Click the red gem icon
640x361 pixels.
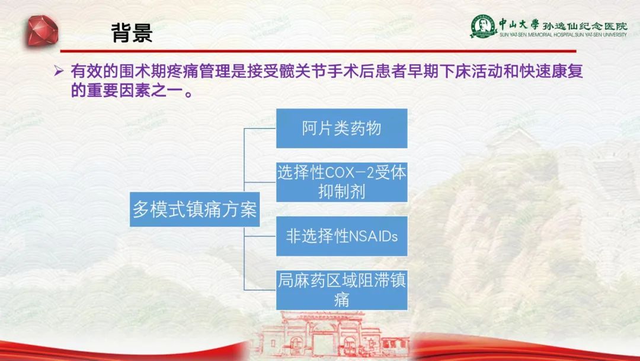point(43,31)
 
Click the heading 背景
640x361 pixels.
point(132,33)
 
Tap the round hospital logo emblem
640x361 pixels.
point(483,26)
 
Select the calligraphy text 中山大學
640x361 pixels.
point(519,24)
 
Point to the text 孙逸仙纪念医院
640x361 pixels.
point(585,26)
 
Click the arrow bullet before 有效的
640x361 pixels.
point(59,71)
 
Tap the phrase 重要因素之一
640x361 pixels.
point(135,90)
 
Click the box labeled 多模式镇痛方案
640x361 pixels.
point(195,210)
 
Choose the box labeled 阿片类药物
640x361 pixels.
point(342,128)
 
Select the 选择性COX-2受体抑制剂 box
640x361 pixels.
point(342,182)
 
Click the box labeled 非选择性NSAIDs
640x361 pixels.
point(342,236)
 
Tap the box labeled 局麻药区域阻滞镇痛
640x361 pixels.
point(342,290)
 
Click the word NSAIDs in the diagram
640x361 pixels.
point(373,236)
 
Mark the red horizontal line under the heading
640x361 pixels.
point(318,51)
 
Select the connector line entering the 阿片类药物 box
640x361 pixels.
point(260,128)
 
